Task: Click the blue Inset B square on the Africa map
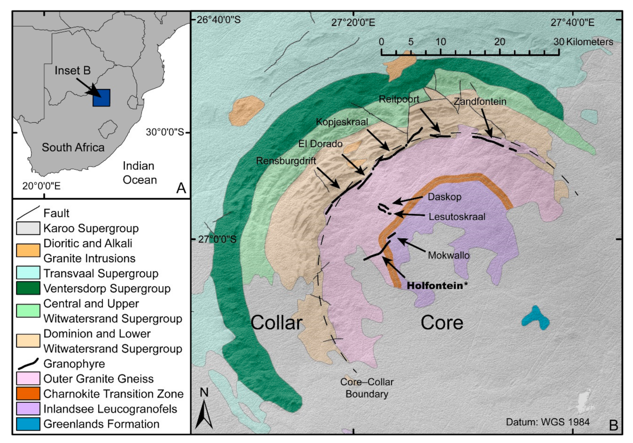(102, 98)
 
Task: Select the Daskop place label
(444, 197)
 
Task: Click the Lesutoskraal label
(457, 217)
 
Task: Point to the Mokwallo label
(449, 255)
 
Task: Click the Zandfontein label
(480, 102)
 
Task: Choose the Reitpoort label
(399, 99)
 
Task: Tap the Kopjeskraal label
(342, 122)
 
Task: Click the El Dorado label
(320, 144)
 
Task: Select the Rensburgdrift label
(286, 161)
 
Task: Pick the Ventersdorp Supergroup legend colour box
(28, 288)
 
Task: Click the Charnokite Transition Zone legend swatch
(28, 394)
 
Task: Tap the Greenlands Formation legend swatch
(28, 424)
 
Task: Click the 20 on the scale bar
(499, 42)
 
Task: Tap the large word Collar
(276, 322)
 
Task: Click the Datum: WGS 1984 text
(548, 422)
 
